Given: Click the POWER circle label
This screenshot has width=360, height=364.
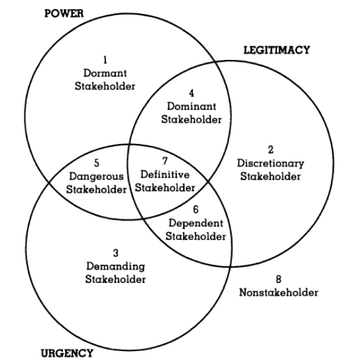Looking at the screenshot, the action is coord(64,14).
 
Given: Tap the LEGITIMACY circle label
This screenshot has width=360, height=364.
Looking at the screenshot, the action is coord(276,50).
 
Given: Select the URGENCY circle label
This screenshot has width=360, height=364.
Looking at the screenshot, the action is coord(67,353).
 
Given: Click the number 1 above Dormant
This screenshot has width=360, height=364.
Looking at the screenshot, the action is coord(105,60).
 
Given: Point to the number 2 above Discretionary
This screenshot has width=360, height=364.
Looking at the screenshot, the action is coord(271,150).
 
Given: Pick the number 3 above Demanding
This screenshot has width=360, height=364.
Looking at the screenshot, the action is coord(116,253).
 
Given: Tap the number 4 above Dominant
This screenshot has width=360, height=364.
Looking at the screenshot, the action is coord(192,93).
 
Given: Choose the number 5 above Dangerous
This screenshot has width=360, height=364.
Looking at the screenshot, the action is coord(96,163).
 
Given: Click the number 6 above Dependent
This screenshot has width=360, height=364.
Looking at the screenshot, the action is coord(195,210).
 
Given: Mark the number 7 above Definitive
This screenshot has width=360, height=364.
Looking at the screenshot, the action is coord(165,161).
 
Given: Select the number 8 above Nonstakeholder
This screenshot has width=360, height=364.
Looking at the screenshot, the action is coord(278,279).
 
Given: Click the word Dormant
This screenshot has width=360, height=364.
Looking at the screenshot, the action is coord(105,73).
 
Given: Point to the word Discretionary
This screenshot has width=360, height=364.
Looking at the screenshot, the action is coord(271,163).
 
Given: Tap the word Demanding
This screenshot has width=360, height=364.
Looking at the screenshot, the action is coord(116,266).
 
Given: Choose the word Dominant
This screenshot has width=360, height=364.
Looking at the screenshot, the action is coord(192,106).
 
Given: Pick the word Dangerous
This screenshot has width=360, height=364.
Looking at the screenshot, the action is coord(96,177).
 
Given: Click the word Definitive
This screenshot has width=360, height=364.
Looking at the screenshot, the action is coord(165,174).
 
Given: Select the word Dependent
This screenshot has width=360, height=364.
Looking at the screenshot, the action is coord(195,223).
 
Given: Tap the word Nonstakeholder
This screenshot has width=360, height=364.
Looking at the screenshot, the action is coord(278,292).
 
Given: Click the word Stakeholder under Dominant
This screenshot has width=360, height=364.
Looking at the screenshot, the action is coord(192,120).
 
